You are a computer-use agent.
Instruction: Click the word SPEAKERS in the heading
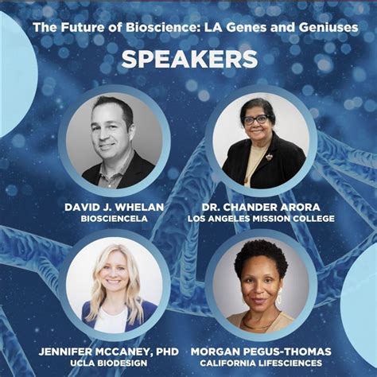(188, 60)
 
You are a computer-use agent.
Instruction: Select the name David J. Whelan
(115, 207)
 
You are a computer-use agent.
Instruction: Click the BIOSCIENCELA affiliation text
(115, 219)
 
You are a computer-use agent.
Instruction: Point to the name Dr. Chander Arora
(260, 207)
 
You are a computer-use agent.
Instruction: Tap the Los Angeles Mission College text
(261, 219)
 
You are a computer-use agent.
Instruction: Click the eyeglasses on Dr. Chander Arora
(256, 119)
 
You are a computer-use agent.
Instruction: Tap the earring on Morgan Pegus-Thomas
(278, 298)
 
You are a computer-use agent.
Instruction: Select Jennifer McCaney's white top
(112, 321)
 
